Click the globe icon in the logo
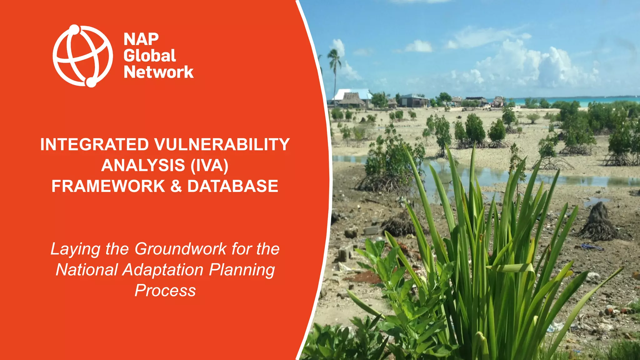[x=82, y=56]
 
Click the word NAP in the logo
[x=141, y=40]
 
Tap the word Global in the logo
[x=150, y=56]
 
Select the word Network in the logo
[x=159, y=72]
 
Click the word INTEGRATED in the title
[x=95, y=145]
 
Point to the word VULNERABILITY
[x=222, y=145]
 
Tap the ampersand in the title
[x=176, y=186]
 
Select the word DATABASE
[x=232, y=186]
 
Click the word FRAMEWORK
[x=108, y=186]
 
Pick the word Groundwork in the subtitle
[x=181, y=249]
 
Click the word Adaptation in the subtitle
[x=163, y=270]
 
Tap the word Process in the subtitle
[x=165, y=291]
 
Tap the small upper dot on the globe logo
[x=74, y=29]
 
